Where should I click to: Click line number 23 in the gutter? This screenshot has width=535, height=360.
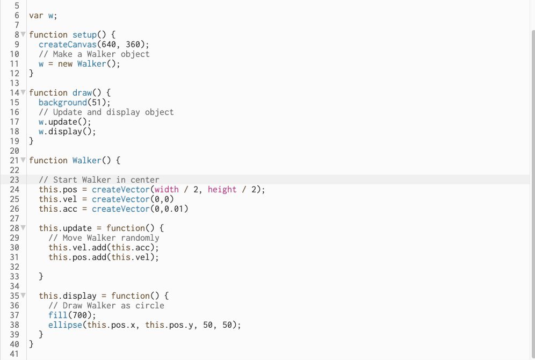point(15,179)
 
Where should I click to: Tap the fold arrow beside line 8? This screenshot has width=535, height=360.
point(23,34)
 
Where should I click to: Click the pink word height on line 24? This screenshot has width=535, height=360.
point(222,189)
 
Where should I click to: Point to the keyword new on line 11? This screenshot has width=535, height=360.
point(65,63)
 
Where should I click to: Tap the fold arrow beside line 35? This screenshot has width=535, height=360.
point(23,296)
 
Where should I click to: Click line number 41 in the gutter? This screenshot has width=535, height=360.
point(15,354)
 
